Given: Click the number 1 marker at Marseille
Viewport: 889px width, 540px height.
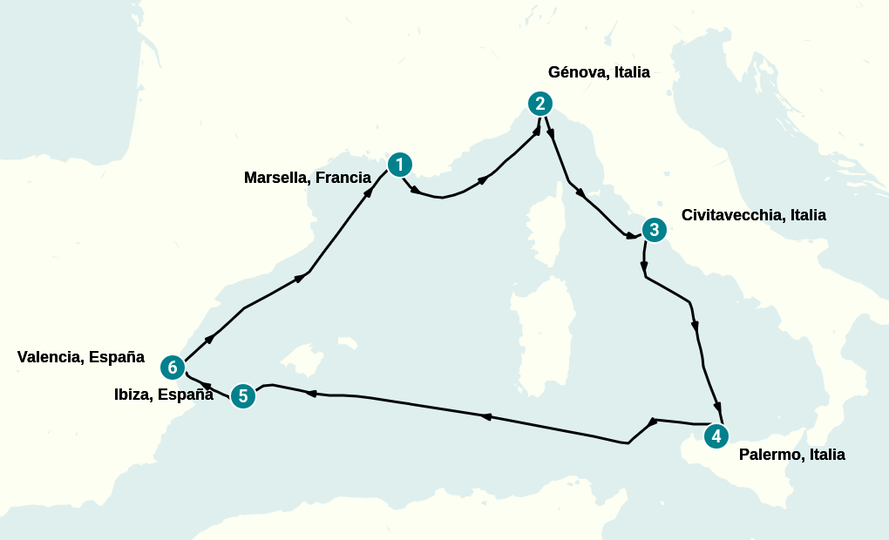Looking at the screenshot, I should coord(399,164).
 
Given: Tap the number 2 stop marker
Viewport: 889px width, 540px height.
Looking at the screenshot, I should coord(540,104).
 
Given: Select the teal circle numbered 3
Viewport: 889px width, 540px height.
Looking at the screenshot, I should coord(654,230).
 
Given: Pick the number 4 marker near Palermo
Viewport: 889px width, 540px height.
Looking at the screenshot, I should coord(716,436).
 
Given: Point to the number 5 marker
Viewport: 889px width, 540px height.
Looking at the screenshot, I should coord(243,396).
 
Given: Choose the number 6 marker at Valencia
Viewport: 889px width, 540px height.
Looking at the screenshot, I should coord(173,368).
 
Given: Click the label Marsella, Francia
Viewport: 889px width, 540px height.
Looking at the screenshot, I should coord(307,178).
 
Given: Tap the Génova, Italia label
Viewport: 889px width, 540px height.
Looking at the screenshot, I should coord(599,72).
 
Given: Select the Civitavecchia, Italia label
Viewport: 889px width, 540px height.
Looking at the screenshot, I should coord(753,215).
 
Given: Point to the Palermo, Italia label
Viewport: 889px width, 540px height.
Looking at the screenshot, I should coord(791,455).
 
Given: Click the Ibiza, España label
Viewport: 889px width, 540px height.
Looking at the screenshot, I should coord(164,395).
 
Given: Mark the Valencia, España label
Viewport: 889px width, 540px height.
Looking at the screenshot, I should coord(80,357).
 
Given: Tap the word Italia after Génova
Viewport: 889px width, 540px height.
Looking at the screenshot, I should coord(632,72).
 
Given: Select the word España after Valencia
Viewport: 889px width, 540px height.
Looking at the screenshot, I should coord(116,357).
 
